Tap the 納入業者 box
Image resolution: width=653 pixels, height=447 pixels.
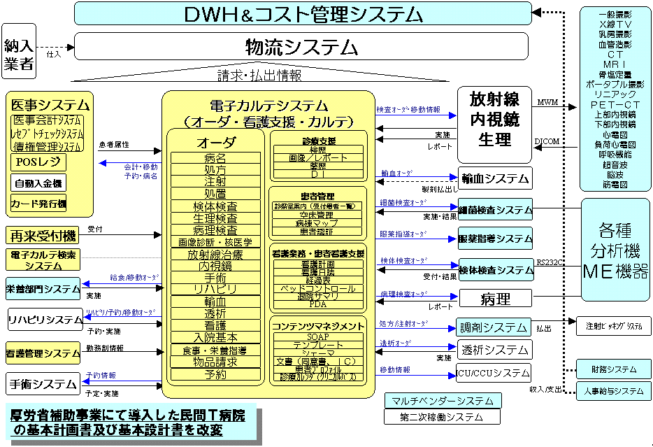coord(19,47)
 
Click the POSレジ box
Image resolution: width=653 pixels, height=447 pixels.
coord(38,162)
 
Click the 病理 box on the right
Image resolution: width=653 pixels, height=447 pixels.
coord(495,299)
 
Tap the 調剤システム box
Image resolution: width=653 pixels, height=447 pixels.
coord(494,327)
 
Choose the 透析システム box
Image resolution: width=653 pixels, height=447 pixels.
coord(494,349)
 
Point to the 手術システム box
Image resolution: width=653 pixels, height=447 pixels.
coord(43,384)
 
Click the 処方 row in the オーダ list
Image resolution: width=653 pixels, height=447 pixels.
coord(215,169)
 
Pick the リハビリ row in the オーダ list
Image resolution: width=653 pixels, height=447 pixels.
coord(215,289)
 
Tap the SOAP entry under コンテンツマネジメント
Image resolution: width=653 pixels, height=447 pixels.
coord(318,336)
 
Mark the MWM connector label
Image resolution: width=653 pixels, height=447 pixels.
coord(547,102)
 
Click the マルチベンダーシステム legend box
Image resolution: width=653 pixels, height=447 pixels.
coord(442,401)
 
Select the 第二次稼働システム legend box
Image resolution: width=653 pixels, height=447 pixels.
coord(442,417)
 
